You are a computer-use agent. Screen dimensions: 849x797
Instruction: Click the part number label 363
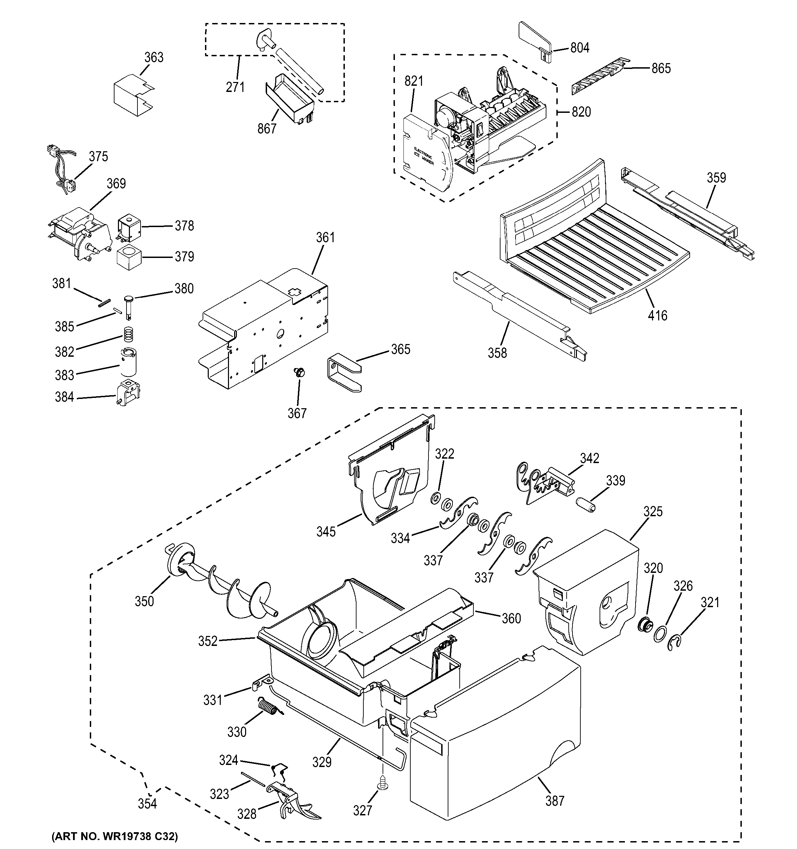click(x=154, y=57)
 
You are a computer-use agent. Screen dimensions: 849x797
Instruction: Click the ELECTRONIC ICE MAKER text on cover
click(x=423, y=157)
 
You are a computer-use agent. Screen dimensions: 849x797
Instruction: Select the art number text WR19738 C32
click(x=114, y=836)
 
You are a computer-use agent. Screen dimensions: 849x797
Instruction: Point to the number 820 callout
click(x=581, y=112)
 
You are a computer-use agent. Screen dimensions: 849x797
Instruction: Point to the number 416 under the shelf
click(x=657, y=316)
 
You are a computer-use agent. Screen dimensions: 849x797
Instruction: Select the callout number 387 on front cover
click(x=555, y=801)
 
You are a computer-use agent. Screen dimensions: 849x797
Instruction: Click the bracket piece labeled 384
click(x=128, y=392)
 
